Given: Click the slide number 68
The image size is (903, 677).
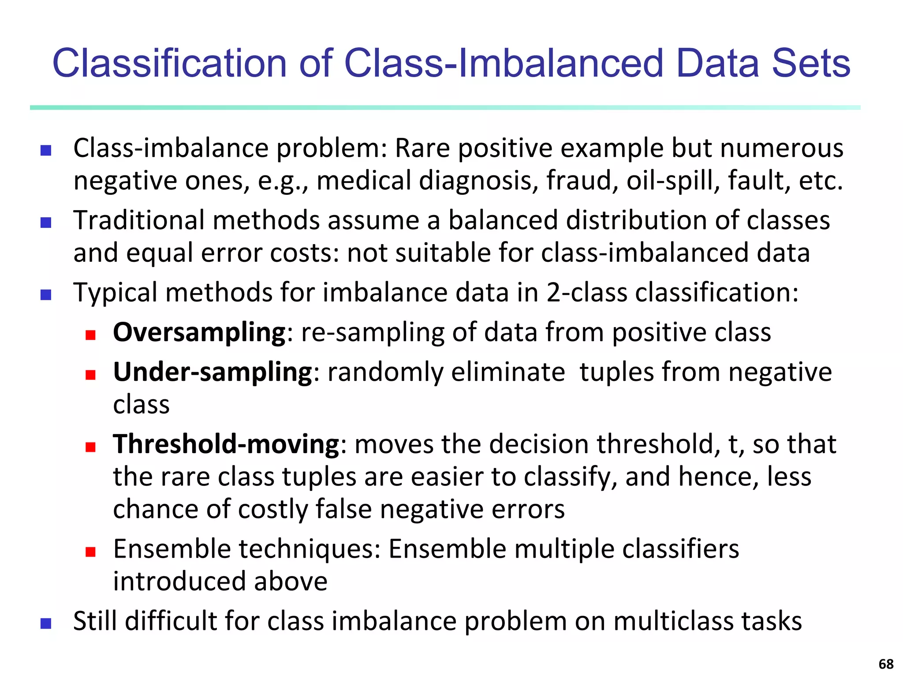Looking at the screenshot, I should [x=885, y=664].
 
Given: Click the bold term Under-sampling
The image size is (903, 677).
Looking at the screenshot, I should [x=213, y=372].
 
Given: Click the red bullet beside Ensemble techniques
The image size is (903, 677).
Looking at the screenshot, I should [x=91, y=552].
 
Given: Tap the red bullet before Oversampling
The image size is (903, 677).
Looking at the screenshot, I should [x=91, y=335].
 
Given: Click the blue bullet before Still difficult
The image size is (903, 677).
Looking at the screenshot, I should [x=45, y=624].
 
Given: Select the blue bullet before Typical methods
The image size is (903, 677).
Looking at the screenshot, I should [x=45, y=295].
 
